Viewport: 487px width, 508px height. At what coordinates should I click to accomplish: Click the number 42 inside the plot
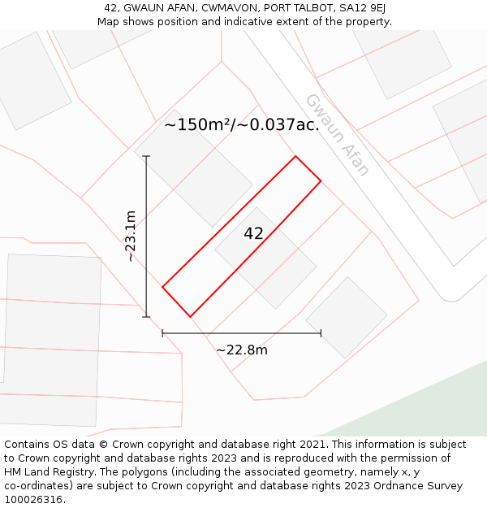(253, 234)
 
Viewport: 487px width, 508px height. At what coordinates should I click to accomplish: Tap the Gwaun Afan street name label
(337, 135)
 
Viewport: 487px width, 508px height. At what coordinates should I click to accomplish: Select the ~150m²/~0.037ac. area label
(241, 125)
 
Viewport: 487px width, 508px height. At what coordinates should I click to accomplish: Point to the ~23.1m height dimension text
(131, 236)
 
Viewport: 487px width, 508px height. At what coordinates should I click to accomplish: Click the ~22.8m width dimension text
(241, 350)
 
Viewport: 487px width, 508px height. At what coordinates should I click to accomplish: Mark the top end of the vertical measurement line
(146, 156)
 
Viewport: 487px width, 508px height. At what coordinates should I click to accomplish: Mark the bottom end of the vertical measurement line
(146, 317)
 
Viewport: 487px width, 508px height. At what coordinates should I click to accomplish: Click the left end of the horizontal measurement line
(162, 332)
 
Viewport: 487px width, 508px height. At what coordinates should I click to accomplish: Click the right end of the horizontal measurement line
(321, 332)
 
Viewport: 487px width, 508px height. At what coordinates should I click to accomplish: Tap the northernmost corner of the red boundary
(295, 156)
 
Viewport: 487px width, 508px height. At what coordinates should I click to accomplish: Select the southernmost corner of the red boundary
(190, 316)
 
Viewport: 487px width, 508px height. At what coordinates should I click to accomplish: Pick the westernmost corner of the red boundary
(162, 287)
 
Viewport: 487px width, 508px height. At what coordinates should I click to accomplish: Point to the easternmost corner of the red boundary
(321, 180)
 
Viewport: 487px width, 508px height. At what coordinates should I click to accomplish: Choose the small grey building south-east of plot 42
(347, 317)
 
